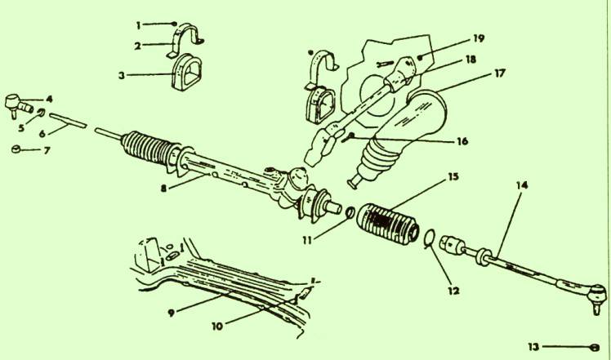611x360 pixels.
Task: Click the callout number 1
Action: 138,26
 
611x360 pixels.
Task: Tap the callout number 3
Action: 122,75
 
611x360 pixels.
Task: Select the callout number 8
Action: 163,189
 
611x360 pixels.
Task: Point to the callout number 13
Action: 533,346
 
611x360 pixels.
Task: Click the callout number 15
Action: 453,176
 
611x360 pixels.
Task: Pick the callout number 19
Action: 479,38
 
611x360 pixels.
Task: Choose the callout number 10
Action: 217,326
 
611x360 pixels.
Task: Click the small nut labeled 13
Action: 595,346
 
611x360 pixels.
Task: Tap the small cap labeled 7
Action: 16,149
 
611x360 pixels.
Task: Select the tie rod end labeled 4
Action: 18,104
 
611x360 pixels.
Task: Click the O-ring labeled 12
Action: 429,238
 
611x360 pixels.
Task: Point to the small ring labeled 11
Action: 350,212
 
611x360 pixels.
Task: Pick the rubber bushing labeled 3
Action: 187,72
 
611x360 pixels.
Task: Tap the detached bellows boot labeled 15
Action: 388,224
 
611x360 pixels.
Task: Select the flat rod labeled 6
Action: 68,120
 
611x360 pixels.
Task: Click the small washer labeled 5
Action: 41,113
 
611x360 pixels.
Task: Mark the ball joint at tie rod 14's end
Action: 597,296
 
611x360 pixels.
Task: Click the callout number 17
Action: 500,73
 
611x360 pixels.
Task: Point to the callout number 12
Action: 454,291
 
